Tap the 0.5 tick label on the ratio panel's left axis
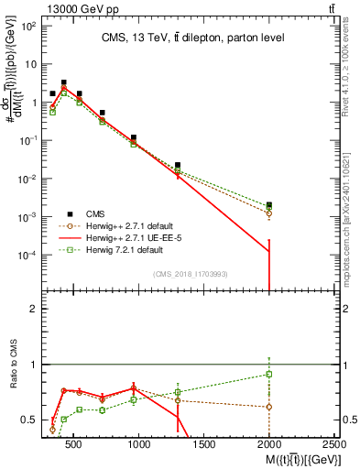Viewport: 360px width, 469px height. click(30, 420)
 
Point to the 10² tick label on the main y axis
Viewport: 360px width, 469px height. click(27, 26)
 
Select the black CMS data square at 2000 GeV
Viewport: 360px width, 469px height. click(268, 205)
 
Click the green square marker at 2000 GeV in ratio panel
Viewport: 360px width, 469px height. click(268, 374)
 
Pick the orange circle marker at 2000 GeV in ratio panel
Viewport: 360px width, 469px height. click(268, 407)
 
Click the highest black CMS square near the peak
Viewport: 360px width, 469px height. click(63, 82)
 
